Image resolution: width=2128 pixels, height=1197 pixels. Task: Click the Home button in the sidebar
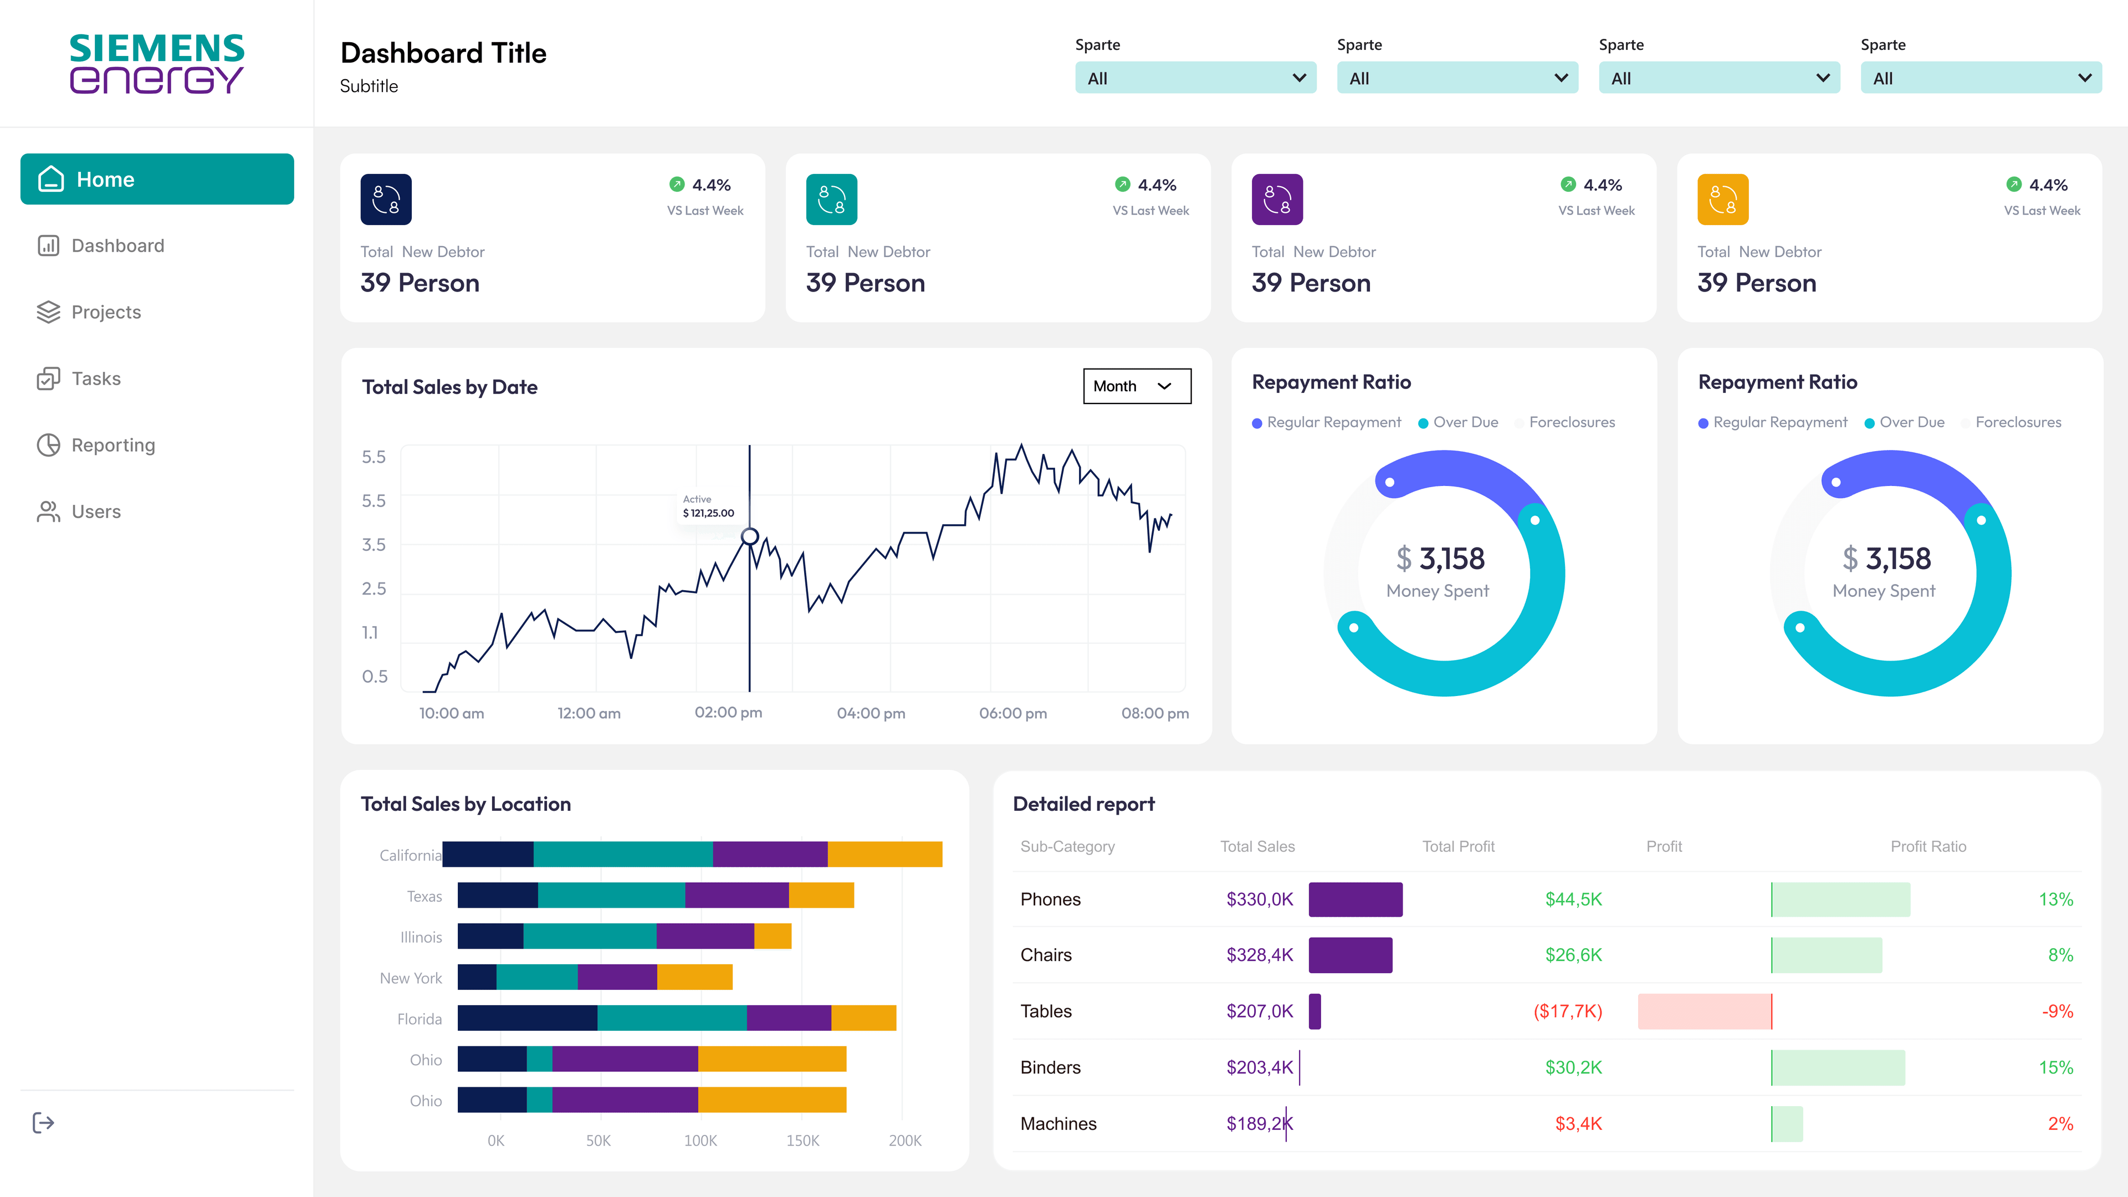coord(157,179)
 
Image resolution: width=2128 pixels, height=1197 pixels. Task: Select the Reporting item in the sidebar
coord(113,445)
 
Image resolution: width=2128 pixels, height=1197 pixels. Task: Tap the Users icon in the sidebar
coord(49,511)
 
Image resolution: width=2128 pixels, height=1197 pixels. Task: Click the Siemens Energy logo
coord(157,64)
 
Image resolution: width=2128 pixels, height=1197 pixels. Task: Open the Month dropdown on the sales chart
coord(1136,386)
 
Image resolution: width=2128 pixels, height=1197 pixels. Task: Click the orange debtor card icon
coord(1722,199)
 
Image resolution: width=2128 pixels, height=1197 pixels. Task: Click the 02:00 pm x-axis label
coord(728,712)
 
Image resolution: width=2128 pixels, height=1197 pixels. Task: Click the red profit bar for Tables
coord(1704,1011)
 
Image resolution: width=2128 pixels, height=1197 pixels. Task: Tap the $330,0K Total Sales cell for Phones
coord(1259,899)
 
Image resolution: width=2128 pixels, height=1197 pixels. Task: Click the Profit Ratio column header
coord(1927,846)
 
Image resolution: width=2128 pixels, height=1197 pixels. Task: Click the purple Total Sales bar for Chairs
coord(1350,955)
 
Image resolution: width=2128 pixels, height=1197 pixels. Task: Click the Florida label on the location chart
coord(419,1019)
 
